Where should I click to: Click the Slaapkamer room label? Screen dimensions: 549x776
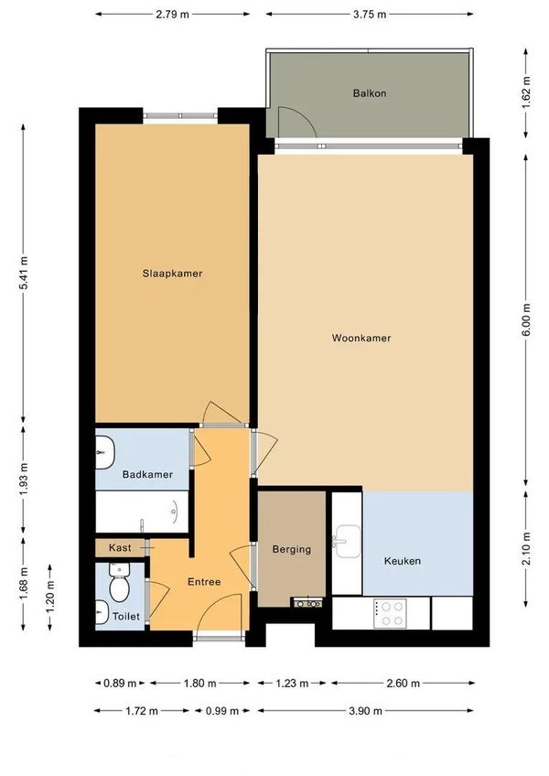click(x=172, y=274)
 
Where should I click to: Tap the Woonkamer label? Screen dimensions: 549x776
click(x=361, y=338)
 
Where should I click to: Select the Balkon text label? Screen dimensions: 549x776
click(x=370, y=93)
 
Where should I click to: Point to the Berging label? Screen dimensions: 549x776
click(x=292, y=549)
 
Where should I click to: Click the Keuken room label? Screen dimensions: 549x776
click(x=403, y=561)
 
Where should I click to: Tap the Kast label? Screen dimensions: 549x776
click(x=120, y=547)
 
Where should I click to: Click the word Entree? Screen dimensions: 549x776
click(x=204, y=582)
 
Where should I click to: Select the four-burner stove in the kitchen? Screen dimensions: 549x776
click(x=390, y=614)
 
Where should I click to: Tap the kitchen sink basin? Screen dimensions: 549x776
click(x=347, y=542)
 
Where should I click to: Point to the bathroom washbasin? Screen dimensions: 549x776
click(x=104, y=452)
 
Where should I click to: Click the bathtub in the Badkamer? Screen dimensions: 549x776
click(x=142, y=512)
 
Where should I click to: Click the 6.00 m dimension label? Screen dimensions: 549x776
click(x=526, y=319)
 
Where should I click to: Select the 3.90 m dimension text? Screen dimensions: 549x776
click(x=365, y=711)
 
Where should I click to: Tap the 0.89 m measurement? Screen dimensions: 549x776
click(x=120, y=684)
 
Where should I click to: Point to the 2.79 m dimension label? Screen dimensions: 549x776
click(x=172, y=15)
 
